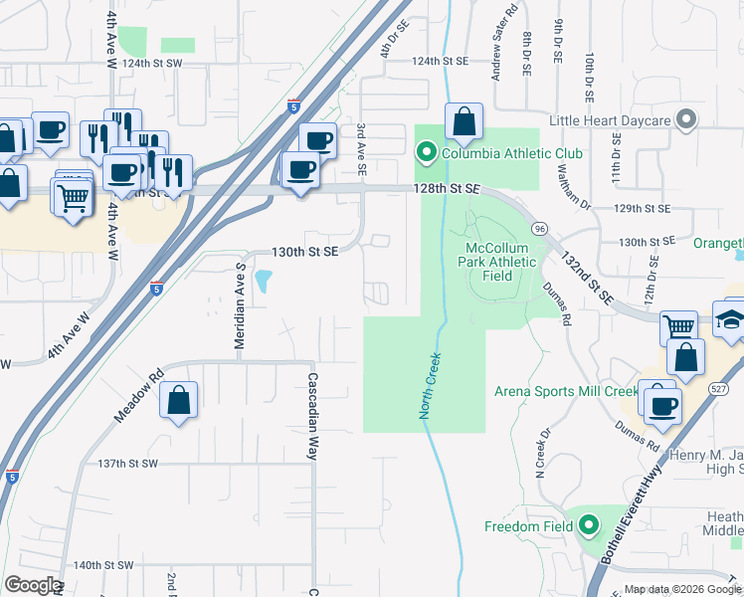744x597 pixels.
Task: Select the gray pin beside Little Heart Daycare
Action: (x=685, y=120)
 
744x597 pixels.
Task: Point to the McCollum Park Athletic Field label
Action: (x=502, y=262)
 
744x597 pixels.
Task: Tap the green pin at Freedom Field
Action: (x=589, y=525)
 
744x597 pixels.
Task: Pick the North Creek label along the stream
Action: (x=430, y=384)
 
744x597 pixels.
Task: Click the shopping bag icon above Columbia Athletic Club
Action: (x=464, y=122)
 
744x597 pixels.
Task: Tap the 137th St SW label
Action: (x=129, y=464)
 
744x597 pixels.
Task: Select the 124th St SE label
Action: (x=441, y=61)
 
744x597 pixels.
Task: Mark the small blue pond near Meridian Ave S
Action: (x=263, y=282)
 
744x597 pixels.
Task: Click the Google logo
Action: (x=33, y=585)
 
